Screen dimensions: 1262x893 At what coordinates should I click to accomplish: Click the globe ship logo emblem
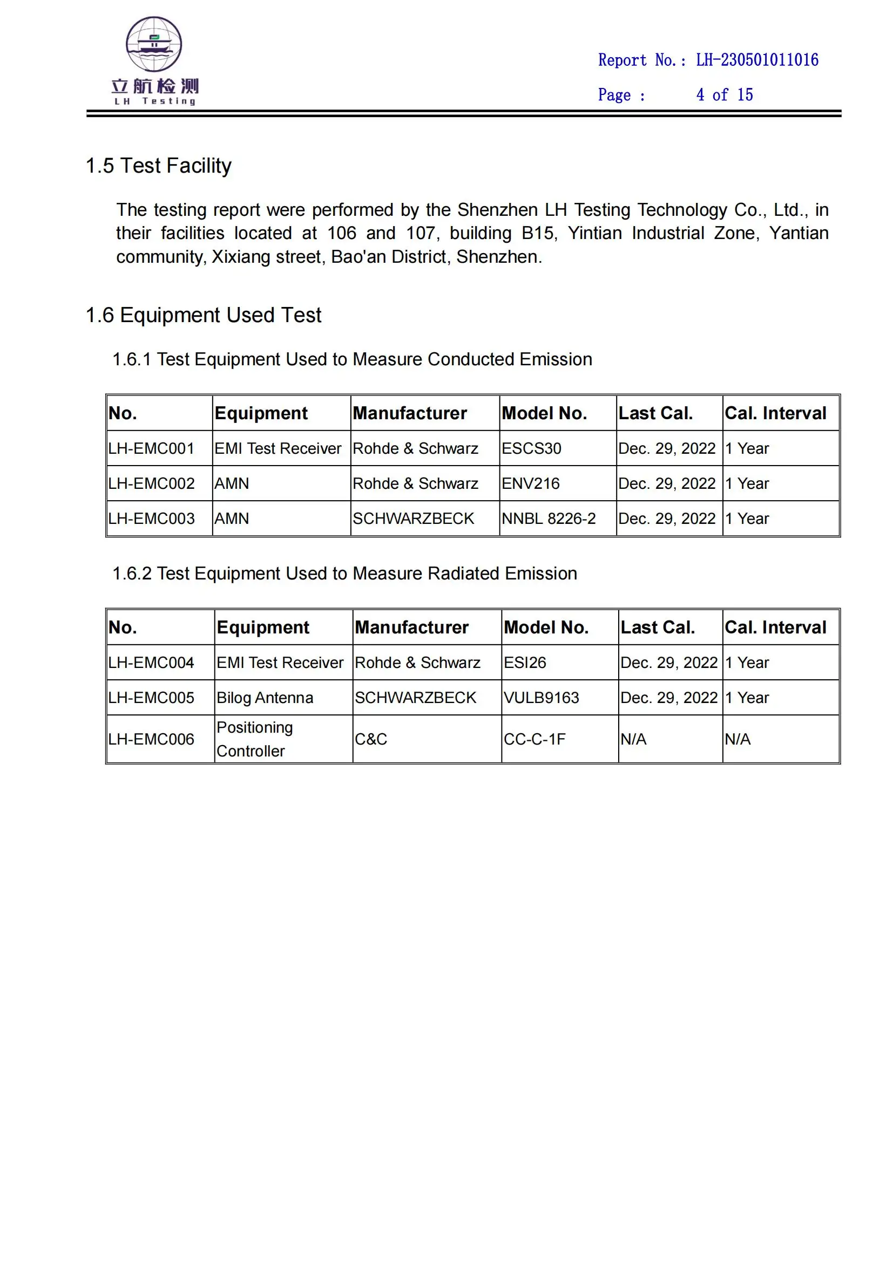click(x=154, y=44)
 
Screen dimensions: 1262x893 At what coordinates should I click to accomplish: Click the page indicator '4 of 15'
click(x=724, y=95)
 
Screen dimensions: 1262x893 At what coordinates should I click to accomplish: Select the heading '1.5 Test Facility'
click(x=158, y=166)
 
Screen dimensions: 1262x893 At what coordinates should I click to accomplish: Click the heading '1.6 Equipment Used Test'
click(x=204, y=315)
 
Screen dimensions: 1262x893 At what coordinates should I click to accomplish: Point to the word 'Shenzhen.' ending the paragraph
click(x=499, y=257)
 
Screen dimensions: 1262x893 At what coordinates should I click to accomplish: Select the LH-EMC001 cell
click(x=151, y=448)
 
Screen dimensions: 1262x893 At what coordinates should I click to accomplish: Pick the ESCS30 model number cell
click(x=531, y=448)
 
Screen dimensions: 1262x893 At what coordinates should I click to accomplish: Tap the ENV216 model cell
click(x=530, y=483)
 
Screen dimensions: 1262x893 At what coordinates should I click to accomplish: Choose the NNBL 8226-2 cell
click(x=548, y=519)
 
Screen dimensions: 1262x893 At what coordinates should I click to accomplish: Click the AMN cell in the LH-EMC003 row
click(x=232, y=519)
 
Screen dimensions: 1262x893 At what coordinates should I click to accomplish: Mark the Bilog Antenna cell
click(x=265, y=698)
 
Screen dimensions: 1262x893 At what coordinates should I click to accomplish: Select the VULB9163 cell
click(x=541, y=698)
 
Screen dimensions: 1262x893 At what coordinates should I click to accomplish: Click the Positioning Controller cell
click(x=255, y=739)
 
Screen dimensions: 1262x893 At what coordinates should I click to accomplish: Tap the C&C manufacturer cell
click(x=370, y=739)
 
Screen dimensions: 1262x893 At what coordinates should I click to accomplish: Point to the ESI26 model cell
click(x=525, y=663)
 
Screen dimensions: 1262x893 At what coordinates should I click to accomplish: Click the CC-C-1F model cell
click(x=534, y=739)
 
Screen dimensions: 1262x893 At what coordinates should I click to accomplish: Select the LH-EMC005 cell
click(x=151, y=698)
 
